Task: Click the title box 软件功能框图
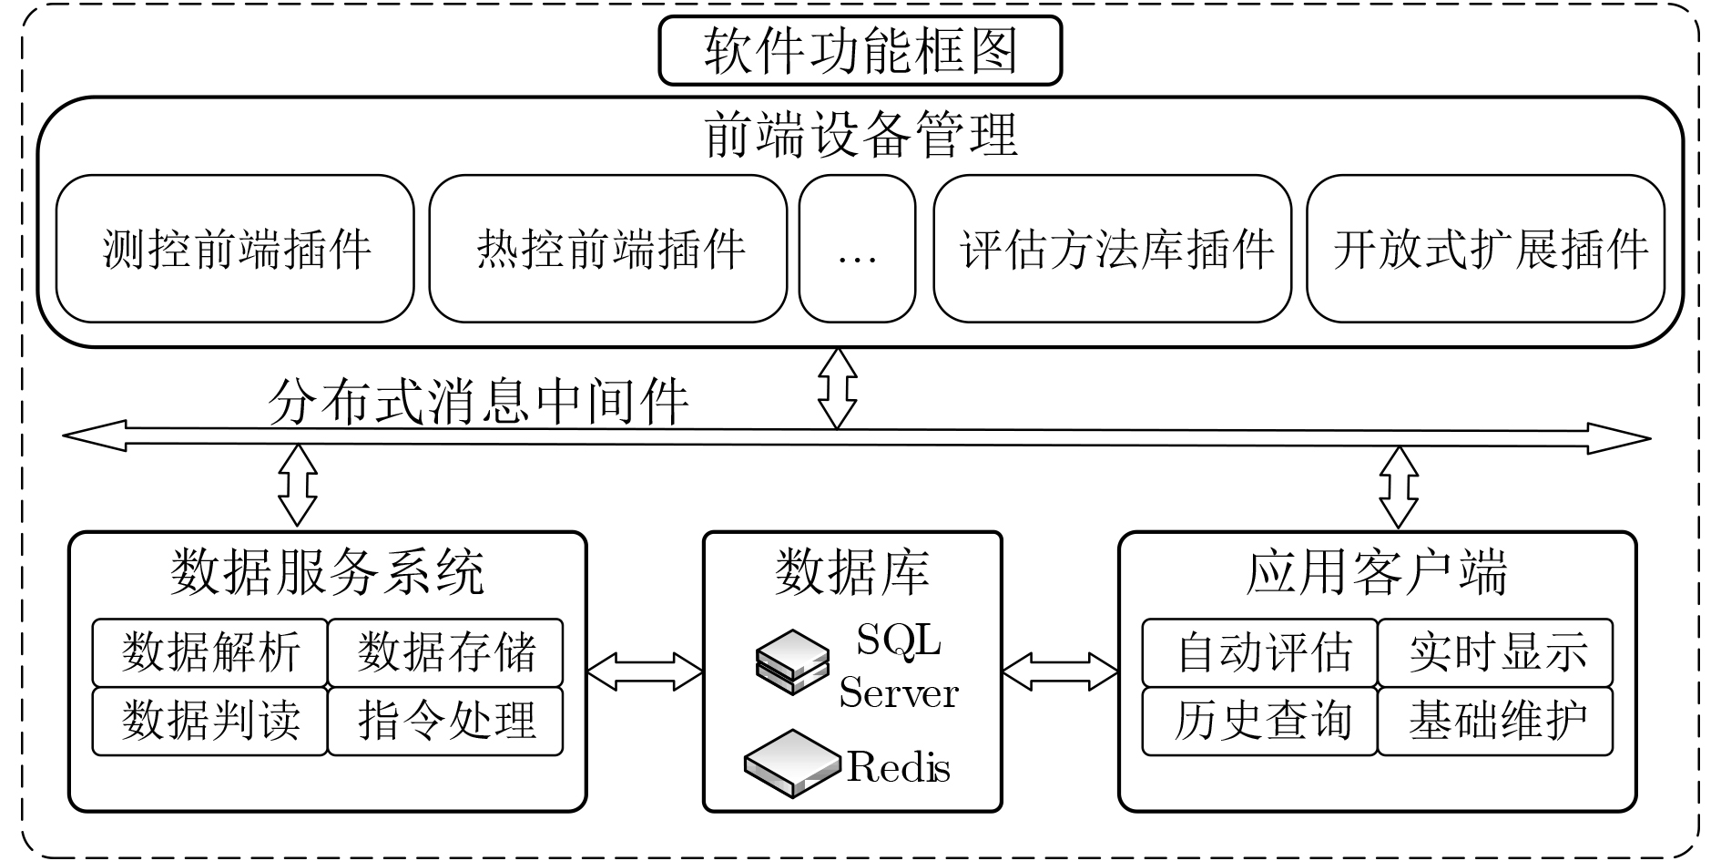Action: tap(860, 50)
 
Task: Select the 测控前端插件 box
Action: tap(235, 249)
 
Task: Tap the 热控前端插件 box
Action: tap(607, 249)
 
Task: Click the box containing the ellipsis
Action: tap(857, 249)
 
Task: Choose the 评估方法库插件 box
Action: tap(1113, 249)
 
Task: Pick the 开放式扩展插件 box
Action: tap(1486, 249)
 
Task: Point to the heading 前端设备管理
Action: tap(860, 135)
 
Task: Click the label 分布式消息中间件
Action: tap(478, 401)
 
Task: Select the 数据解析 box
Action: tap(210, 652)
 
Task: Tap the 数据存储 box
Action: tap(445, 652)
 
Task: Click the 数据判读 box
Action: tap(210, 721)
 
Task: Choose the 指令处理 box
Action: tap(445, 721)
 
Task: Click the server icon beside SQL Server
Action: tap(793, 662)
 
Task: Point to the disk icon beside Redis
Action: tap(792, 764)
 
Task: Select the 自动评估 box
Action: tap(1260, 652)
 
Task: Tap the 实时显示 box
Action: tap(1495, 652)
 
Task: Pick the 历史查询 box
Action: tap(1260, 721)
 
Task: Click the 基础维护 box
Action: tap(1495, 721)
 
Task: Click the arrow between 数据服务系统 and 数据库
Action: tap(645, 672)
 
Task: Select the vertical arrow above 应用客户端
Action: tap(1399, 487)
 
